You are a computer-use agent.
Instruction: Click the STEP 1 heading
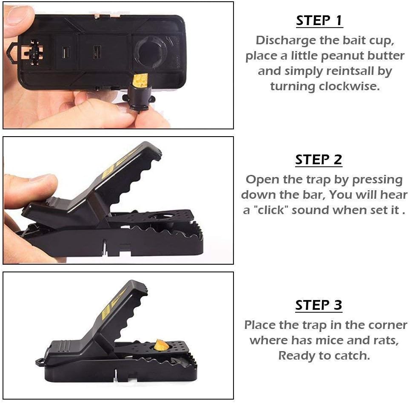pos(319,20)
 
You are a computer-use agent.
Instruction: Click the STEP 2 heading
pos(319,160)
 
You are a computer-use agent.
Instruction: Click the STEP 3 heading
pos(319,305)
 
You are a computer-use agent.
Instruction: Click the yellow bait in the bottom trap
pos(161,346)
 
